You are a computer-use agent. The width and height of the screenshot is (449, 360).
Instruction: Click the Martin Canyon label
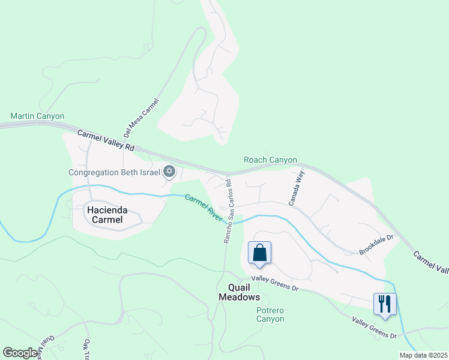[x=37, y=116]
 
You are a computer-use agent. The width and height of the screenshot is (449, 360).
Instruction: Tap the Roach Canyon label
[x=270, y=160]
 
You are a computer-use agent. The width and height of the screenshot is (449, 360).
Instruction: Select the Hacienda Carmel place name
[x=104, y=215]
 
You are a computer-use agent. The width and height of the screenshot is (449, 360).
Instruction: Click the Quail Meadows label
[x=239, y=292]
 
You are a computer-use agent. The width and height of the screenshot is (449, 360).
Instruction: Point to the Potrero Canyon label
[x=270, y=314]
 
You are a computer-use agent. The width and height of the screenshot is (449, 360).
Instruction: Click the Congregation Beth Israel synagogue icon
[x=169, y=172]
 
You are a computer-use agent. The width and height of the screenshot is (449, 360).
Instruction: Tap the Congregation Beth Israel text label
[x=114, y=172]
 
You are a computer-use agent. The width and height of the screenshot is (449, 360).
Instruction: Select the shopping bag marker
[x=259, y=253]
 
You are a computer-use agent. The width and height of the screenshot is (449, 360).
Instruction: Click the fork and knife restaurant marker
[x=385, y=304]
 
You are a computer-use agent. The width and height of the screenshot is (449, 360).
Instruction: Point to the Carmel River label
[x=203, y=207]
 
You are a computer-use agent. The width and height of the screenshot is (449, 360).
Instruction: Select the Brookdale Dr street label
[x=376, y=242]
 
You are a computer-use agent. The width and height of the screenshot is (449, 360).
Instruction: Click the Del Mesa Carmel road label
[x=141, y=118]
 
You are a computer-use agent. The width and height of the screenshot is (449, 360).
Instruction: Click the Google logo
[x=20, y=353]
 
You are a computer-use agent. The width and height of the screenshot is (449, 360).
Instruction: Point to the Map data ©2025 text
[x=423, y=355]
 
